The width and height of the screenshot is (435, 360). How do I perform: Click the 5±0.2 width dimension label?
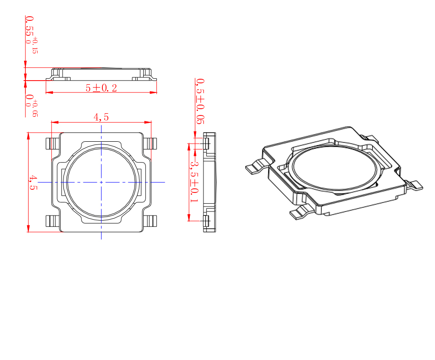click(101, 88)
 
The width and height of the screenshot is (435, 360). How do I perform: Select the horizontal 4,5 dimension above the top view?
click(101, 117)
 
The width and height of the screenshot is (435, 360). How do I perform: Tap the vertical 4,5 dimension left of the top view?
click(33, 182)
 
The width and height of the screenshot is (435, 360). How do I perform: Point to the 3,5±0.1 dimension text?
click(194, 182)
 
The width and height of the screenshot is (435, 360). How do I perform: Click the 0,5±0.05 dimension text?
click(200, 101)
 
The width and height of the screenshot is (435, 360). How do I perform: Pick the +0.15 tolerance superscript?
click(35, 45)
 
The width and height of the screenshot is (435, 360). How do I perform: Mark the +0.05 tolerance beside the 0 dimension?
click(35, 108)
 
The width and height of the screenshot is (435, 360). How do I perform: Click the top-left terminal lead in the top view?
click(53, 144)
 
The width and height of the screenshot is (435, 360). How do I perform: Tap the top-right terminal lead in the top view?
click(150, 144)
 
